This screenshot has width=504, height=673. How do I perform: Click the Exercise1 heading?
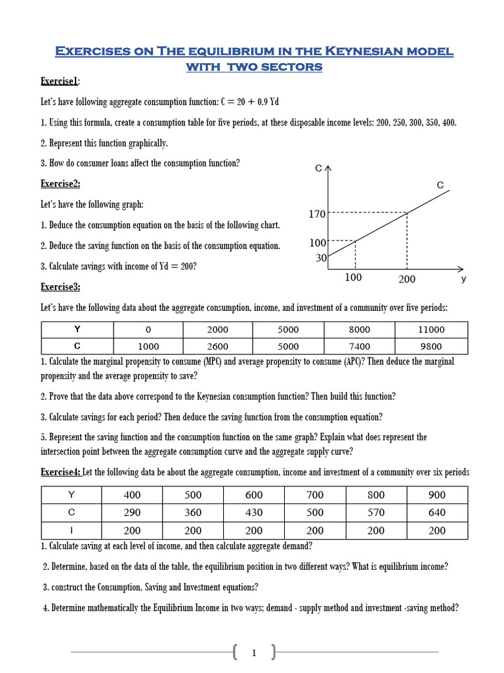(x=60, y=81)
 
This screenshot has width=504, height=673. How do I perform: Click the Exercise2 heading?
(x=61, y=184)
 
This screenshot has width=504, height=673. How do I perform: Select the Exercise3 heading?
(x=61, y=287)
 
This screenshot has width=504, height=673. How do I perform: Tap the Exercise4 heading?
(x=60, y=472)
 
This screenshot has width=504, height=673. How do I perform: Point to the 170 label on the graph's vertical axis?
(x=317, y=214)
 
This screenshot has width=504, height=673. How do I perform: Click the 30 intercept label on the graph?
(x=321, y=258)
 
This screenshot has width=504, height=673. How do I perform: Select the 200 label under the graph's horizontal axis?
(x=407, y=279)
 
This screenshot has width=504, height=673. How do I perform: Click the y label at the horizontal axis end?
(x=463, y=279)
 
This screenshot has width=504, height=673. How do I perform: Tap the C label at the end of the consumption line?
(x=440, y=186)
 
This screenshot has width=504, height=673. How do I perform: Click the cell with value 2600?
(x=217, y=346)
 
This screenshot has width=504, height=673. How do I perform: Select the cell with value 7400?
(x=360, y=346)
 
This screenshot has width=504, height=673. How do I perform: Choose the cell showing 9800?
(x=431, y=346)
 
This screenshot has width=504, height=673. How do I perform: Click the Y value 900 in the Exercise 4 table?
(x=436, y=495)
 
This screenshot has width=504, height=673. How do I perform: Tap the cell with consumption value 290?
(x=132, y=513)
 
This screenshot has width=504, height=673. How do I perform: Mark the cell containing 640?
(x=436, y=513)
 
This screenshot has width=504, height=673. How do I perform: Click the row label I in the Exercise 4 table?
(x=71, y=530)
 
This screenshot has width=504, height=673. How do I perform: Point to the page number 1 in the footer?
(x=254, y=653)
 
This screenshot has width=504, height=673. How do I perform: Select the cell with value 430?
(x=254, y=513)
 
